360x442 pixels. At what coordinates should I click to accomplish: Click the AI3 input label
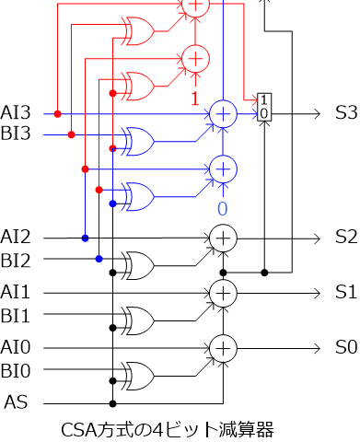tap(17, 113)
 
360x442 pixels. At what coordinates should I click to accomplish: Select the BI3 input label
tap(17, 134)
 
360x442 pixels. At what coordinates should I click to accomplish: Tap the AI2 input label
tap(17, 238)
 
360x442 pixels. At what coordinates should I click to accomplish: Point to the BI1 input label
tap(17, 314)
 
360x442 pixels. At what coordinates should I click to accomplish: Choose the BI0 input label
tap(17, 371)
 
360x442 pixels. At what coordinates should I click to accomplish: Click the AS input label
tap(16, 402)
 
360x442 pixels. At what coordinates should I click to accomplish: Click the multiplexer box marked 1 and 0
tap(264, 106)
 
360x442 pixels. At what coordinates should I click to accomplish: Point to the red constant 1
tap(194, 96)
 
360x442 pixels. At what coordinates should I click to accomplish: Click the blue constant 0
tap(222, 208)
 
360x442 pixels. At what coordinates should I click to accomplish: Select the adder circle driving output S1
tap(222, 293)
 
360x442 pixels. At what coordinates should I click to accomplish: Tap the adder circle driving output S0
tap(222, 348)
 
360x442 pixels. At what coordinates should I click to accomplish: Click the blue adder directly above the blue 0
tap(222, 169)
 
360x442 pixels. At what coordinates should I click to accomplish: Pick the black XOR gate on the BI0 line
tap(140, 377)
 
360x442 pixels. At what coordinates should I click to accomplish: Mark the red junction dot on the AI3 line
tap(58, 114)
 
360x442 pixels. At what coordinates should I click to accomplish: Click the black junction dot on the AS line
tap(112, 403)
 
